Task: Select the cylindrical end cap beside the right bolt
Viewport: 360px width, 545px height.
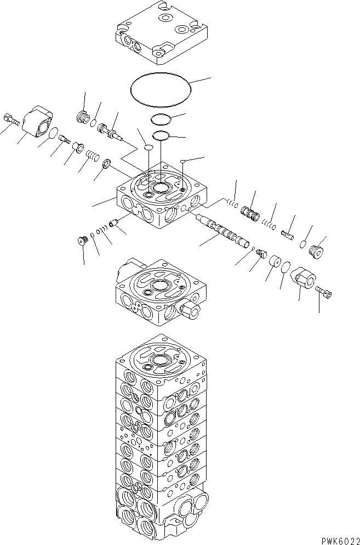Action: click(x=302, y=279)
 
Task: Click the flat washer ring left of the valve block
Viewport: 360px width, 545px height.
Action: click(x=107, y=163)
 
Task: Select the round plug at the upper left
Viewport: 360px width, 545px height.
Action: click(x=83, y=117)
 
